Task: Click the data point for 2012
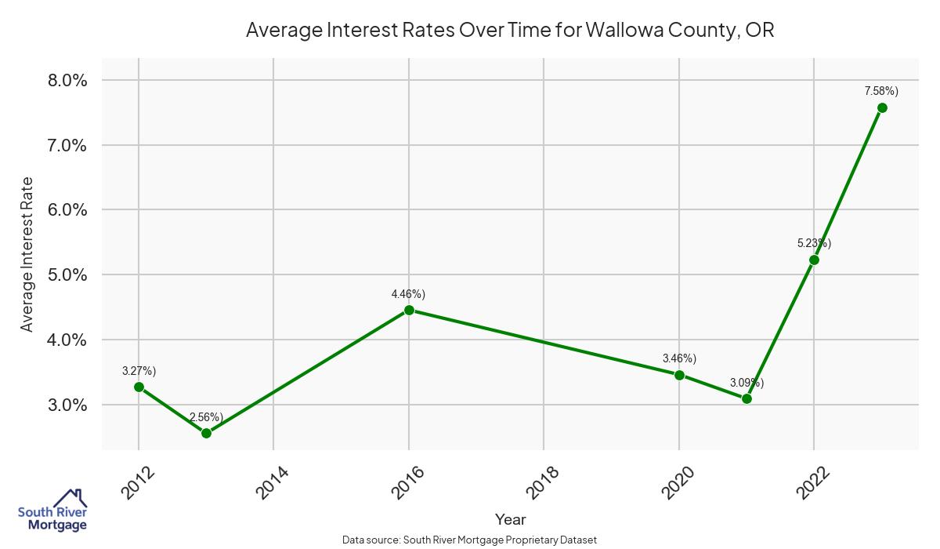click(x=139, y=387)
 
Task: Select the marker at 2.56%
click(x=206, y=433)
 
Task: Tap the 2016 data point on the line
click(x=409, y=310)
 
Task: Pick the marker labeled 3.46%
click(x=679, y=375)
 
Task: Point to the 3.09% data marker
click(x=747, y=398)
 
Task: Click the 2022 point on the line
click(x=814, y=260)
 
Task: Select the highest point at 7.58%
click(x=882, y=107)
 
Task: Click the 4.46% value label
click(x=408, y=294)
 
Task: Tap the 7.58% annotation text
click(x=881, y=91)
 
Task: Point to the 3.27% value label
click(x=139, y=371)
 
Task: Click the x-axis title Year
click(x=511, y=519)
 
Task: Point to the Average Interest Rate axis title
click(x=27, y=254)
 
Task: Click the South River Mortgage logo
click(x=52, y=511)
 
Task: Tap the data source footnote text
click(x=470, y=540)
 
